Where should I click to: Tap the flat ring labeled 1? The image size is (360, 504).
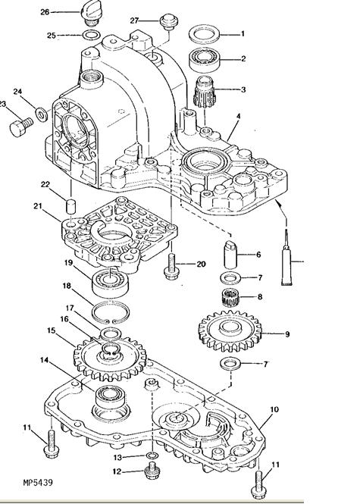pyautogui.click(x=204, y=33)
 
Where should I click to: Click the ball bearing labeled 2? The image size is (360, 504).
pyautogui.click(x=204, y=59)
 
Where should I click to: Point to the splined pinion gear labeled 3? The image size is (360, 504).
pyautogui.click(x=205, y=92)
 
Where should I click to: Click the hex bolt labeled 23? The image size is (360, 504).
pyautogui.click(x=21, y=127)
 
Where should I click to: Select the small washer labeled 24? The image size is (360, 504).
pyautogui.click(x=41, y=114)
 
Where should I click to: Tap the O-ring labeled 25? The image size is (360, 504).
pyautogui.click(x=91, y=35)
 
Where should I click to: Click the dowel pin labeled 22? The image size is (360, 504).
pyautogui.click(x=70, y=205)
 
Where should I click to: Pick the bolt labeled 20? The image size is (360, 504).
pyautogui.click(x=171, y=266)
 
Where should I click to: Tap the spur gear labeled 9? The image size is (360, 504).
pyautogui.click(x=230, y=331)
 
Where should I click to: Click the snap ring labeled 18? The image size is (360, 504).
pyautogui.click(x=111, y=311)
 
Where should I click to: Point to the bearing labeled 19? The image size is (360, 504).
pyautogui.click(x=110, y=283)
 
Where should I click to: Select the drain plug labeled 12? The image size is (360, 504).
pyautogui.click(x=152, y=471)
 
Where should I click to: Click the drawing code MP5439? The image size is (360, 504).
pyautogui.click(x=38, y=482)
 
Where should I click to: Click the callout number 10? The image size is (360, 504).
pyautogui.click(x=274, y=409)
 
